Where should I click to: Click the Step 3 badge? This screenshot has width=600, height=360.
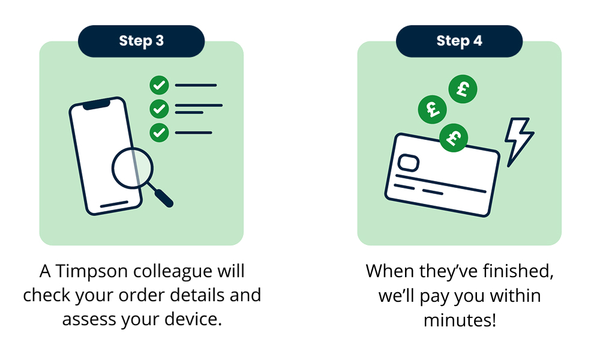141,41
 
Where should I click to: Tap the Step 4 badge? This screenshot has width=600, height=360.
459,41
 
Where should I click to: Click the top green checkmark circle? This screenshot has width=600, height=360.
159,85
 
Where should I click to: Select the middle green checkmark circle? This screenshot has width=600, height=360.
159,109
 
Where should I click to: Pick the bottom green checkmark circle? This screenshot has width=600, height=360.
159,133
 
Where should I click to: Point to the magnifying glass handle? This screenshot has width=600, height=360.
161,196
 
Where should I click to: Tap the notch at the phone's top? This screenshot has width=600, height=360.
96,104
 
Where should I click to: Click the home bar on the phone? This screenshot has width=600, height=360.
114,204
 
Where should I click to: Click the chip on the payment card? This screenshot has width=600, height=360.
408,163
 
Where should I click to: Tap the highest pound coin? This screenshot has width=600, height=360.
463,89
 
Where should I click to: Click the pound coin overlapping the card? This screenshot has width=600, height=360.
454,138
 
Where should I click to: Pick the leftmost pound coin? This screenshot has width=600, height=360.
433,109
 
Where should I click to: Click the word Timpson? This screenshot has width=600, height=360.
92,272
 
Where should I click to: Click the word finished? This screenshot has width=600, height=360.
518,271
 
